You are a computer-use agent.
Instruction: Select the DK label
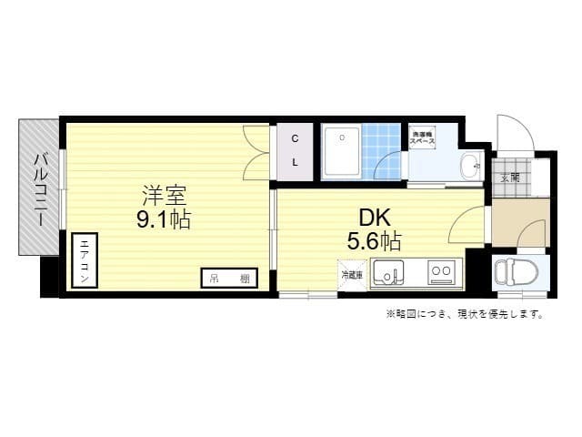pos(375,218)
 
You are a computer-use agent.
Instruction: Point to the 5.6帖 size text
pos(374,241)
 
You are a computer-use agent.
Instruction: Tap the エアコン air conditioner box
pos(84,260)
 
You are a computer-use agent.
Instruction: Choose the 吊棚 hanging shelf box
pos(224,278)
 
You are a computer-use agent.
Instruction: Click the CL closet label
pos(296,150)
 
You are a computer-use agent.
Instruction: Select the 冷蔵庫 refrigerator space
pos(352,274)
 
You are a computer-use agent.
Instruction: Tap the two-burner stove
pos(442,271)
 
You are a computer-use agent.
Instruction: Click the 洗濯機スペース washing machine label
pos(421,138)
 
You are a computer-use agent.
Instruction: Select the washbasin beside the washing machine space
pos(468,166)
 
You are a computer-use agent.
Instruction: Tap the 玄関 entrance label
pos(509,178)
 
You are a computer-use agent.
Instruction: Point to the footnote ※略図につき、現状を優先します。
pos(465,315)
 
